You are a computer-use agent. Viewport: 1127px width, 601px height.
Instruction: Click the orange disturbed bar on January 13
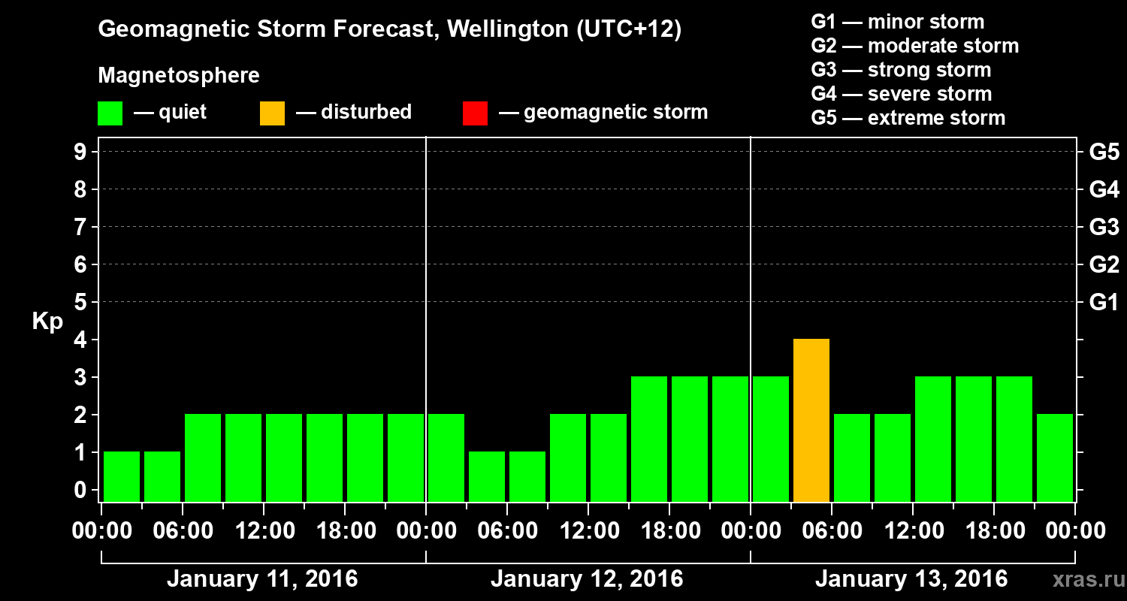811,420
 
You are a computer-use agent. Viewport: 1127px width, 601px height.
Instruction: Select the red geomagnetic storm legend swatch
475,113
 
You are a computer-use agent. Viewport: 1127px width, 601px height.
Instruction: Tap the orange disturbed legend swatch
272,113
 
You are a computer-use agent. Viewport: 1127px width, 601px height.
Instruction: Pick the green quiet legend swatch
110,113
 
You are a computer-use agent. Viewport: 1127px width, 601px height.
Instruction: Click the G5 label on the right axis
1104,153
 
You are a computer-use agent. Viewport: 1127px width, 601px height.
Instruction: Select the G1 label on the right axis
1104,303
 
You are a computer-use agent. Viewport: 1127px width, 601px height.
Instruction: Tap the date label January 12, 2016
587,579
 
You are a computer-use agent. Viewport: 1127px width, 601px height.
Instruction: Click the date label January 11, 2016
262,579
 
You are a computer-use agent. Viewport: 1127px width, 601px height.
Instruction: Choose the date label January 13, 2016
911,579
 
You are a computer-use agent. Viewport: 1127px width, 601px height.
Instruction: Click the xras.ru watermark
1084,579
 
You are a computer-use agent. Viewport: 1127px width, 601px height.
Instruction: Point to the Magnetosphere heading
179,76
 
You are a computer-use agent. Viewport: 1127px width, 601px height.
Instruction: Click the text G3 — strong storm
901,70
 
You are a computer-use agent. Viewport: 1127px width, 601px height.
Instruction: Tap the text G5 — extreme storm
908,118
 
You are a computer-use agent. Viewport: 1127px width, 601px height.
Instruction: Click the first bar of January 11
122,476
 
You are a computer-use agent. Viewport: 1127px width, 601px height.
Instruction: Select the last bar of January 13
1055,458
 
